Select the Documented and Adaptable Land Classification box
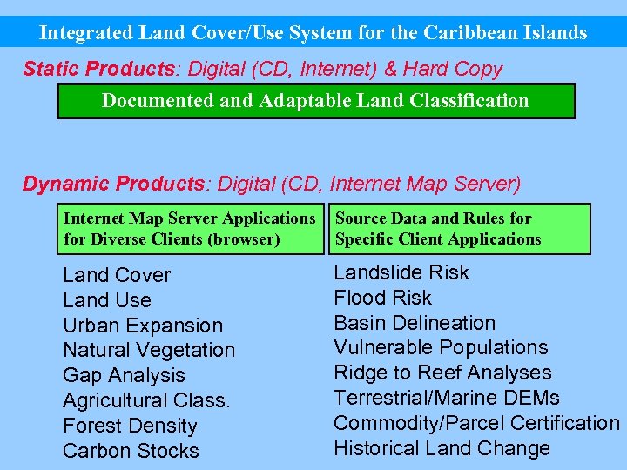tap(315, 100)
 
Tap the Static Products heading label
tap(100, 68)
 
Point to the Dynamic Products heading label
tap(112, 184)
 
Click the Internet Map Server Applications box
tap(189, 229)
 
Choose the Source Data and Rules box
tap(457, 229)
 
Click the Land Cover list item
tap(117, 275)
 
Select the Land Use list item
tap(107, 300)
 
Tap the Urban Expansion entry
tap(143, 326)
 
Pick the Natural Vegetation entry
tap(149, 350)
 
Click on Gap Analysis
tap(124, 375)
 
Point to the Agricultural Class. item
tap(146, 400)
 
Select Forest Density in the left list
tap(130, 426)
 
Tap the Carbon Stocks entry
tap(131, 451)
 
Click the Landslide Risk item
tap(401, 272)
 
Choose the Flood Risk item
tap(382, 298)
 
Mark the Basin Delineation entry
tap(415, 322)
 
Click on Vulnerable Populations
tap(441, 347)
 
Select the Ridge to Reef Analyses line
tap(442, 373)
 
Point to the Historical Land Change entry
tap(442, 448)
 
